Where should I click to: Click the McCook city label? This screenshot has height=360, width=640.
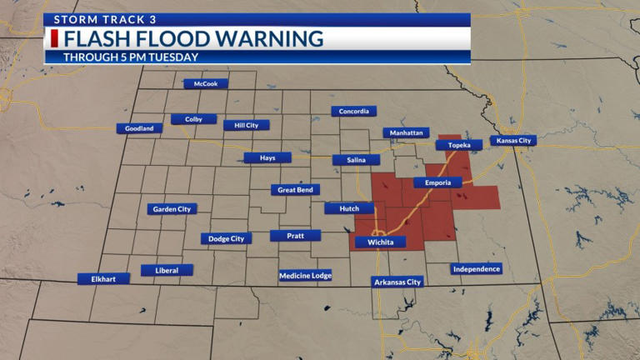pos(206,83)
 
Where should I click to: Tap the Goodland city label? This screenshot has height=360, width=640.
pos(139,128)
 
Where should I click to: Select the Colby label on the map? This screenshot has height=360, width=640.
pos(193,119)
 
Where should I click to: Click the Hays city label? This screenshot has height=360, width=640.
pos(267,157)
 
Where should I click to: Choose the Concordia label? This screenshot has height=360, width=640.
pos(353,112)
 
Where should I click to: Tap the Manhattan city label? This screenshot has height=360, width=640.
pos(406,132)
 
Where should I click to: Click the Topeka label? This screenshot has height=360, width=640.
pos(459,145)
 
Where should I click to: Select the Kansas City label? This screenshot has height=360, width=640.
pos(512,141)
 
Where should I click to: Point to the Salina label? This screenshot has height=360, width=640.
pos(356,160)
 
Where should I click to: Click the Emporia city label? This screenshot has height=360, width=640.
pos(437,182)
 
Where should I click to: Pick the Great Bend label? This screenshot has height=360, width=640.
pos(295,190)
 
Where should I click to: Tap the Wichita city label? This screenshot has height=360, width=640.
pos(380,242)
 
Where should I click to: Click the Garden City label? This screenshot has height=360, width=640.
pos(172,209)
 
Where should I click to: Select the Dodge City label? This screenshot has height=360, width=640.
pos(226,238)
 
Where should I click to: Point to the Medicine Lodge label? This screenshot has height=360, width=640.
pos(305,275)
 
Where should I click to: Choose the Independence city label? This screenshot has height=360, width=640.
pos(477,268)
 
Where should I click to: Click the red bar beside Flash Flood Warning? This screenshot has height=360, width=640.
pos(55,39)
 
